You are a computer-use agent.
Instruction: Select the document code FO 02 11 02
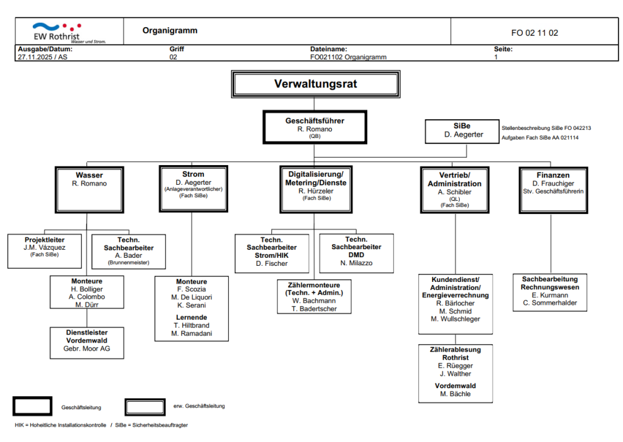click(x=534, y=33)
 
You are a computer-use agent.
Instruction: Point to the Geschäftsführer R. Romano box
click(x=315, y=129)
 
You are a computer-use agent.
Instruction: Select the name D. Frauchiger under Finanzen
click(x=553, y=184)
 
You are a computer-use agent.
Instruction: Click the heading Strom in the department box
click(x=193, y=174)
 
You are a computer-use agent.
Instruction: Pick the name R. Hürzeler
click(x=315, y=191)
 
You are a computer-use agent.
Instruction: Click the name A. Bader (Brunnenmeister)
click(x=129, y=255)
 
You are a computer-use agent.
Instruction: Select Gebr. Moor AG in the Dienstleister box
click(x=87, y=349)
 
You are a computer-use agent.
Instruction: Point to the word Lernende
click(x=191, y=317)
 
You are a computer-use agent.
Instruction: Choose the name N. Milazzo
click(x=356, y=263)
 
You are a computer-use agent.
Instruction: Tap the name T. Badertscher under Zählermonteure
click(x=315, y=308)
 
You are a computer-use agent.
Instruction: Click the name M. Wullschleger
click(x=455, y=319)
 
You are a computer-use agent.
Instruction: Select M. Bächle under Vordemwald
click(x=455, y=394)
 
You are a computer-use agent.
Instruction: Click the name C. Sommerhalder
click(x=549, y=303)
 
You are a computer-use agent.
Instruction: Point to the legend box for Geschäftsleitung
click(x=32, y=406)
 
